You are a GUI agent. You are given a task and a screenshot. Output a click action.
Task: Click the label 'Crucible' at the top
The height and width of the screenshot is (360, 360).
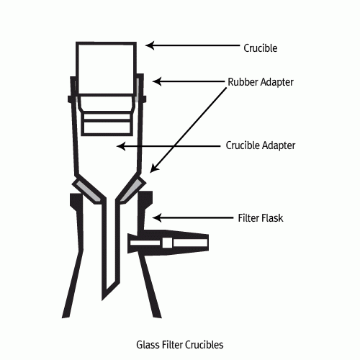point(261,48)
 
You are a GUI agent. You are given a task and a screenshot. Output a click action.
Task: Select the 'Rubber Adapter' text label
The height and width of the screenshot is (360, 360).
point(261,82)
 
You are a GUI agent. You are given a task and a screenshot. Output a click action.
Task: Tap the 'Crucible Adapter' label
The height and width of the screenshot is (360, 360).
point(261,145)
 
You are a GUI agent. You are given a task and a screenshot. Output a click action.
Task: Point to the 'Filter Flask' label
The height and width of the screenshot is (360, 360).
point(261,218)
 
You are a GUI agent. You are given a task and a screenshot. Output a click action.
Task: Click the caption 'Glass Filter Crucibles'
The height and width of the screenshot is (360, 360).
point(180,345)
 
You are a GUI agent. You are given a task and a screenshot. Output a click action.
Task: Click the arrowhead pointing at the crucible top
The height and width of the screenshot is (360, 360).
point(149,45)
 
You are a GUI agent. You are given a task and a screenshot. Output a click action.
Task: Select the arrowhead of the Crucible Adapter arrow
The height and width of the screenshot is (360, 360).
point(121,146)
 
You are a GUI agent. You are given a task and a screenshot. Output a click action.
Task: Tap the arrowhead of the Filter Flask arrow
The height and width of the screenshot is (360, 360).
point(156,218)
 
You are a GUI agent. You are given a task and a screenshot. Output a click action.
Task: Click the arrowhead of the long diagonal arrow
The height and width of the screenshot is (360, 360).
point(153,168)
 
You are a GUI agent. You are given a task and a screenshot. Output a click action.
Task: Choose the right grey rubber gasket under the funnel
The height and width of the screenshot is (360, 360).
point(131,190)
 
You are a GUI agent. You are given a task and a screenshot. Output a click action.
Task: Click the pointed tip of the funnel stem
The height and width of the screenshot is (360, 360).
point(102,300)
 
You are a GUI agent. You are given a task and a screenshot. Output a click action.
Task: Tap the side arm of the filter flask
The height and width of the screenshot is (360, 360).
point(168,243)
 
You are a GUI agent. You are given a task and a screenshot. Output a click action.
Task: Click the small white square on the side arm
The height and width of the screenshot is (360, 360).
point(167,243)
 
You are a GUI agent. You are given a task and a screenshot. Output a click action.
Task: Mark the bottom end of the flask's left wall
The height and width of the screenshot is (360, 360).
point(66,318)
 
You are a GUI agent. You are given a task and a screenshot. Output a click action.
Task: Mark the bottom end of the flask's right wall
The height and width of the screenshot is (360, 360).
point(158,317)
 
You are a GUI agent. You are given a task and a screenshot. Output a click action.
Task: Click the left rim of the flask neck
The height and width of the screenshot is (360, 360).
point(76,199)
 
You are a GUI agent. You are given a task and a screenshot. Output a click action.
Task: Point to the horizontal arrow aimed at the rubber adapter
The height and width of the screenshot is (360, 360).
point(189,81)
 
